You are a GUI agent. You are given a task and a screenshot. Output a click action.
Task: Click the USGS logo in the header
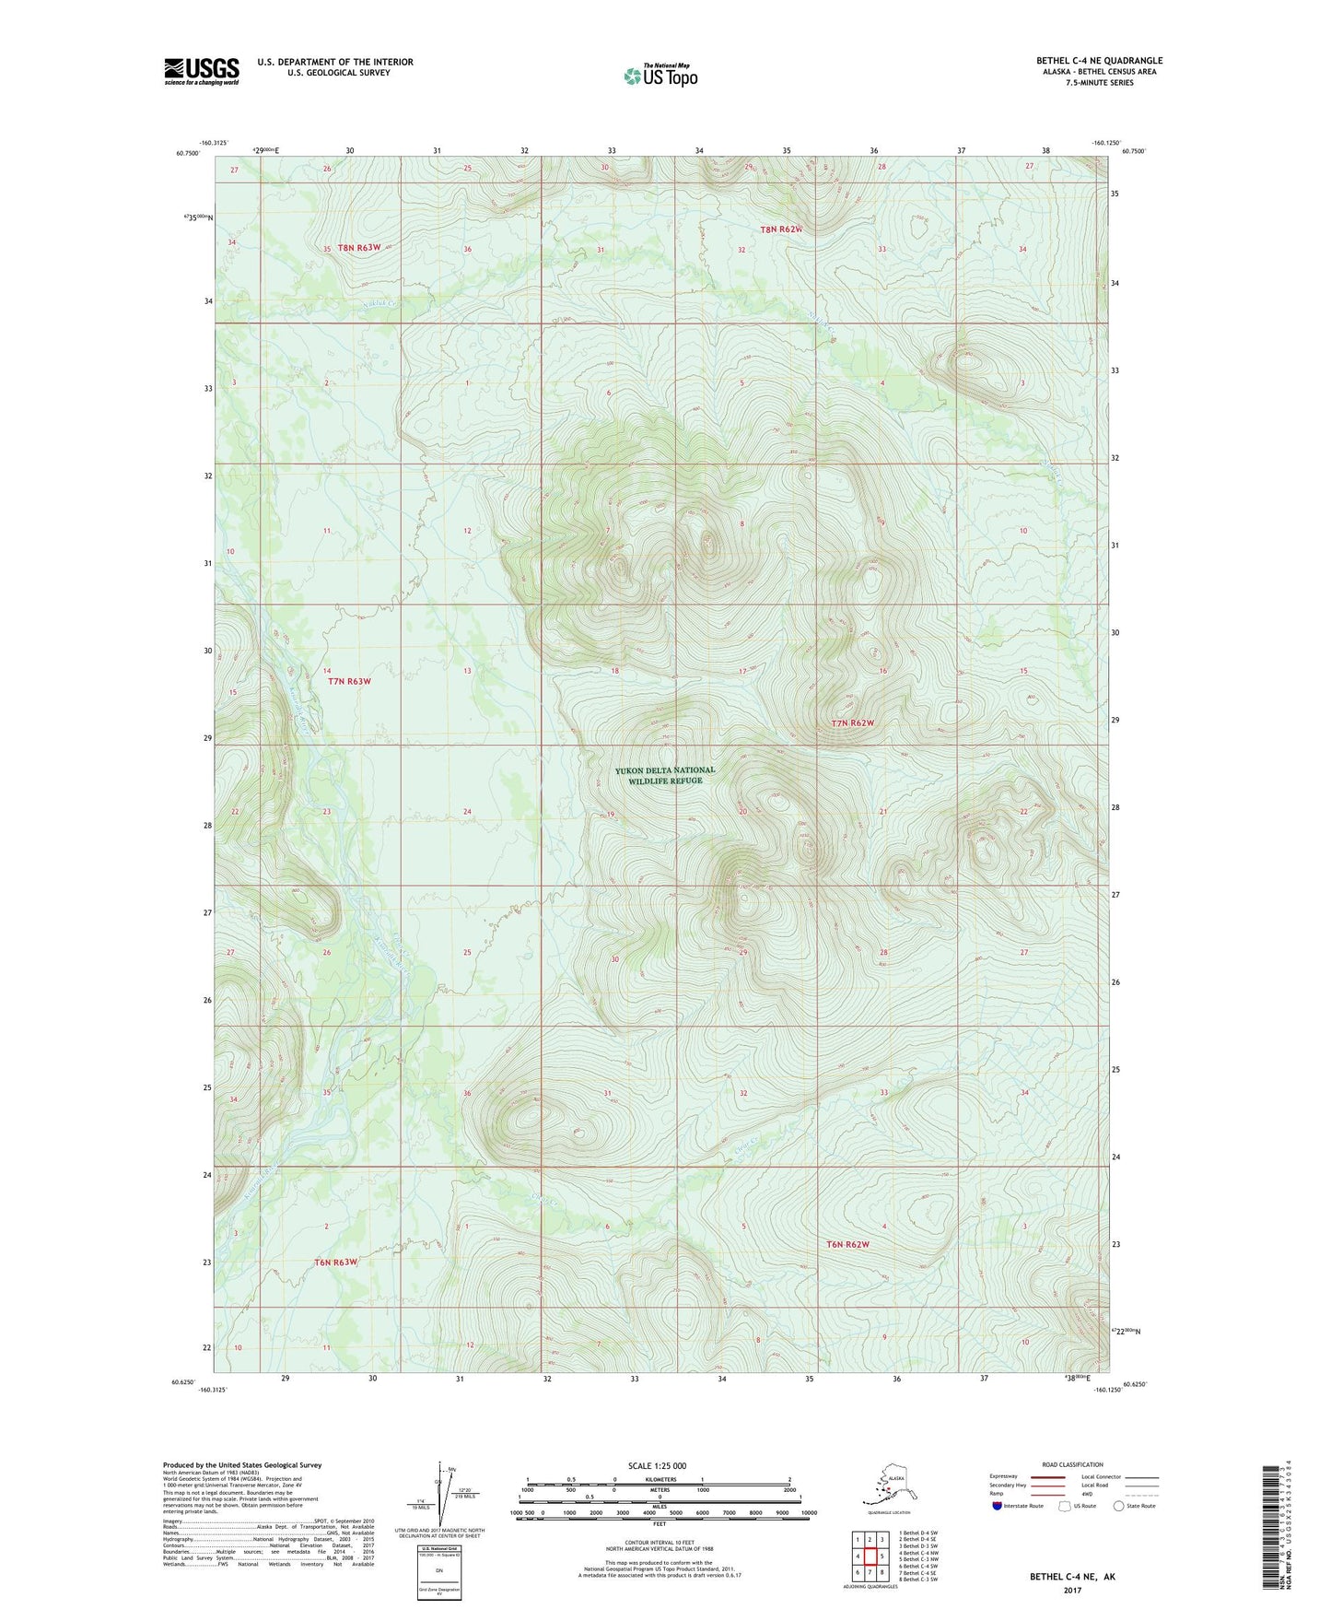(x=201, y=71)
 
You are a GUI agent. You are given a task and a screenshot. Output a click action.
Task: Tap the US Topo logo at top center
(x=660, y=76)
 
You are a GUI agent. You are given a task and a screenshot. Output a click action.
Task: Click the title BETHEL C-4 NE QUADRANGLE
(x=1098, y=61)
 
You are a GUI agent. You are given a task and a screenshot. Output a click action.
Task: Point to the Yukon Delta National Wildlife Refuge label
(x=665, y=775)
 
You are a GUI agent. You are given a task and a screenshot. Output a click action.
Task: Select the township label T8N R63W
(x=358, y=247)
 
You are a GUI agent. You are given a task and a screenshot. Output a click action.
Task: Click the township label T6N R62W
(x=847, y=1244)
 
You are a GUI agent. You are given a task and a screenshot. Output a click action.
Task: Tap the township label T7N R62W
(x=852, y=723)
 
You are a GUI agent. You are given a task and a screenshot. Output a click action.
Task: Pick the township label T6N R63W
(x=335, y=1262)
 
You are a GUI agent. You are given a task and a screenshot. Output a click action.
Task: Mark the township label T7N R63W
(x=349, y=681)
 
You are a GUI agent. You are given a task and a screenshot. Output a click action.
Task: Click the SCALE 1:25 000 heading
(x=658, y=1465)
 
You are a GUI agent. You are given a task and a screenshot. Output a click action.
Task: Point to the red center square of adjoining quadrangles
(x=870, y=1556)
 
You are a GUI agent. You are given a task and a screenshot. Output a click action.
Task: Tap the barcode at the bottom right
(x=1271, y=1531)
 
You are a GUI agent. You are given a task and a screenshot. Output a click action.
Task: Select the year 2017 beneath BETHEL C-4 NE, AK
(x=1072, y=1590)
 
